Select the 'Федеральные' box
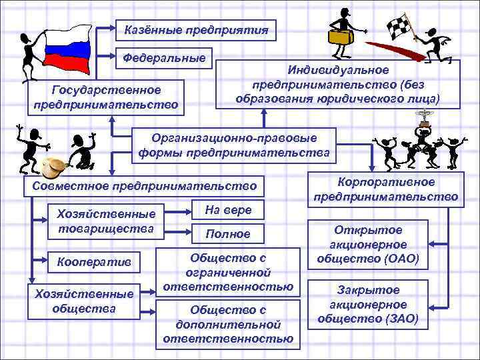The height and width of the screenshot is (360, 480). click(x=163, y=57)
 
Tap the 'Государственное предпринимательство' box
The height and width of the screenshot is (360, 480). click(x=106, y=97)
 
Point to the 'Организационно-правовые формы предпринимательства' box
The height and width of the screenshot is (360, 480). click(x=234, y=145)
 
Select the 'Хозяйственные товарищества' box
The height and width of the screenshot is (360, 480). click(x=107, y=221)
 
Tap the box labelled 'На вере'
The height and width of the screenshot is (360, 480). click(x=228, y=210)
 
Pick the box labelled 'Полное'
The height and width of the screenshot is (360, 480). click(x=228, y=234)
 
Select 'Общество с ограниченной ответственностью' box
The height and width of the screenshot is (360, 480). click(x=228, y=272)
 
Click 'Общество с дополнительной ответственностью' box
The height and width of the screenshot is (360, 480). click(x=228, y=324)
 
